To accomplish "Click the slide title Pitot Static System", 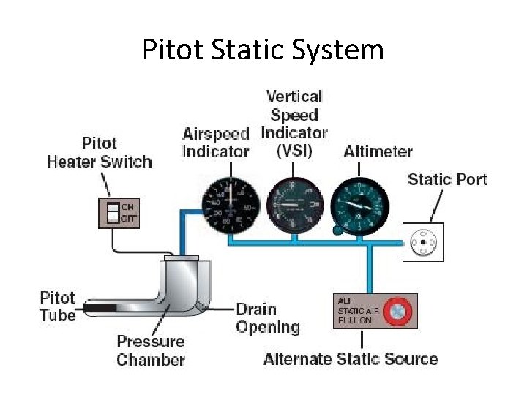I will [x=263, y=50].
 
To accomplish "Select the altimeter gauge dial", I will [x=359, y=206].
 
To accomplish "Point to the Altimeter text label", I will [x=378, y=151].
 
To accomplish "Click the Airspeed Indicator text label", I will [x=216, y=143].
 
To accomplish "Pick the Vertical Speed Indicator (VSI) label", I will [x=294, y=124].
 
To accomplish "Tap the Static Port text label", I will [x=447, y=179].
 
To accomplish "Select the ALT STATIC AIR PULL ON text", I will [x=356, y=311].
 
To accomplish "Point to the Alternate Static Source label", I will [x=350, y=359].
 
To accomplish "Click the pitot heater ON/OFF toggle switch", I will [x=113, y=213].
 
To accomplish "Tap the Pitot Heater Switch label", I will [x=99, y=152].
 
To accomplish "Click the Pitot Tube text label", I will [x=58, y=306].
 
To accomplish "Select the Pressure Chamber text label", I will [x=151, y=350].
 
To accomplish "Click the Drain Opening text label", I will [x=268, y=318].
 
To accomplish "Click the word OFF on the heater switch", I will [x=129, y=219].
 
